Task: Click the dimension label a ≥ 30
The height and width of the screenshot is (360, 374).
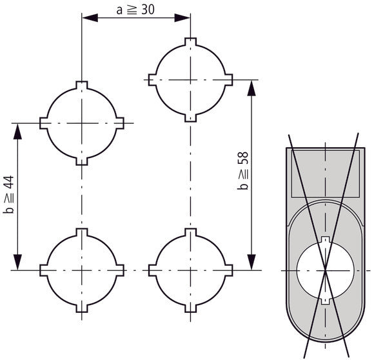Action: tap(136, 10)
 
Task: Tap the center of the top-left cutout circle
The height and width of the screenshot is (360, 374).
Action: tap(81, 123)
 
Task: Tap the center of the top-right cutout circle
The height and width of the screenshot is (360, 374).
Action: tap(190, 79)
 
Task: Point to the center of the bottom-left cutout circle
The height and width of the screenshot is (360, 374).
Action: tap(81, 268)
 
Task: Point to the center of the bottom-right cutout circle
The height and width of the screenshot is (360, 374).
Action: tap(190, 268)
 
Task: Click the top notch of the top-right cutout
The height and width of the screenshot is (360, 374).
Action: tap(190, 43)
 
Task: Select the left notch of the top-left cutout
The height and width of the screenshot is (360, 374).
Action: tap(44, 123)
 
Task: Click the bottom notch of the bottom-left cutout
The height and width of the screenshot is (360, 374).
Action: tap(81, 305)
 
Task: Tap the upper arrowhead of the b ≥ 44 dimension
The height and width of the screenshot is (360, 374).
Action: tap(18, 129)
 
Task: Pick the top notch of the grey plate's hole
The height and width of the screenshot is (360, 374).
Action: tap(326, 241)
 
